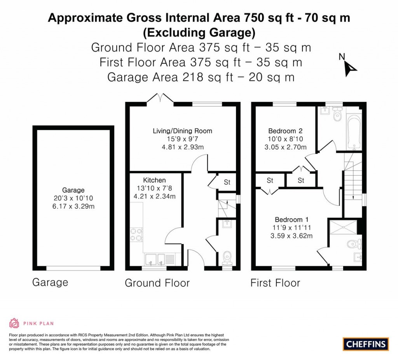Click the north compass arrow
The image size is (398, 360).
tap(351, 68)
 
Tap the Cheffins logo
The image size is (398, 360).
tap(366, 343)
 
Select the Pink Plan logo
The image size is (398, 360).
tap(31, 323)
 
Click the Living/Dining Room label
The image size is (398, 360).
tap(182, 131)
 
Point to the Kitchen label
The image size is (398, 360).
tap(154, 180)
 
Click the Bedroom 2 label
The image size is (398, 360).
tap(285, 131)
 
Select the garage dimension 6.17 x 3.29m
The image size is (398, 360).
tap(74, 206)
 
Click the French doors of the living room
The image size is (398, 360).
tap(160, 99)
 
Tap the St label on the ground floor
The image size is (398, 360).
tap(227, 182)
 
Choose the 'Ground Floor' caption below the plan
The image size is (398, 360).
tap(157, 283)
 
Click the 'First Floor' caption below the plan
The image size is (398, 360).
tap(275, 283)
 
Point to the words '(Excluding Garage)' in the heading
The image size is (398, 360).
tap(199, 33)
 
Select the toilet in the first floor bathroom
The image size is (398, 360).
tap(337, 114)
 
